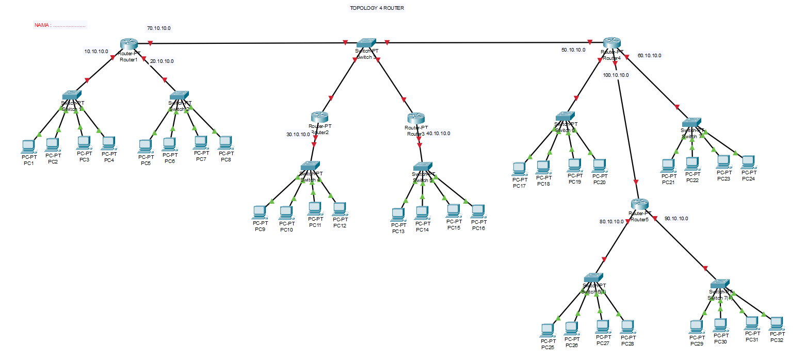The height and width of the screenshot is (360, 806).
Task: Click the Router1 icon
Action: (127, 44)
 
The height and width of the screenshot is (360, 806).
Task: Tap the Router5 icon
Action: (639, 204)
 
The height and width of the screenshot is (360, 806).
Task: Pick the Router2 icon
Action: (320, 117)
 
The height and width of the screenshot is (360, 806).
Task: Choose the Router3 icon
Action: (415, 118)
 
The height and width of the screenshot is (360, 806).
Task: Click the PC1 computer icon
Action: (29, 146)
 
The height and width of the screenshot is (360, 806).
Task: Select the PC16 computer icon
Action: (478, 210)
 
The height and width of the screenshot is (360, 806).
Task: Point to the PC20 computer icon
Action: (598, 166)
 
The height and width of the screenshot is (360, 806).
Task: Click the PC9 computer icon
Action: (260, 211)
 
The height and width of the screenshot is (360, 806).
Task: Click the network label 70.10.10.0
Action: (159, 28)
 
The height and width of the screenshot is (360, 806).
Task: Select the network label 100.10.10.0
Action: (616, 75)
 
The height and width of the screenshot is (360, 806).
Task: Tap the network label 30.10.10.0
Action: (298, 134)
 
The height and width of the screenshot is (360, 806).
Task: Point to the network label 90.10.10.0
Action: (676, 218)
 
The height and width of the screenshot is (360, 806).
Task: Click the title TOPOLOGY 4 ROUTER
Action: (377, 8)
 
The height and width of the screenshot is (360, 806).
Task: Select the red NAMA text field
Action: (60, 25)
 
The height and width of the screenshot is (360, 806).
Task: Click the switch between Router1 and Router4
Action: (366, 43)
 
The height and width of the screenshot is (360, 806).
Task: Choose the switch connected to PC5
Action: (179, 95)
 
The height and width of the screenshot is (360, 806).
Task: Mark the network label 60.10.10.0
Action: (650, 55)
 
